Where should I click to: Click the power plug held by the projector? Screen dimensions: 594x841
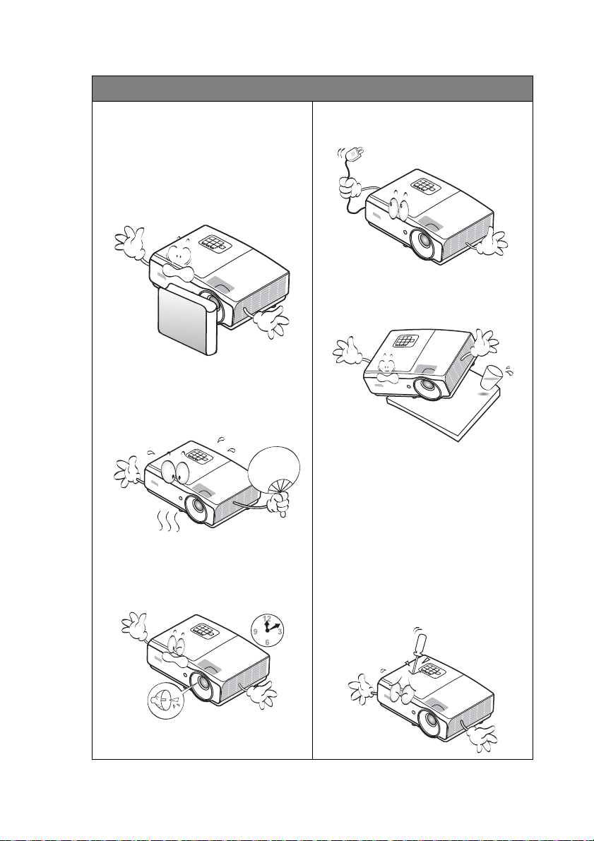coord(354,155)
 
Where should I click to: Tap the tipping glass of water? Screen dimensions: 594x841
coord(492,376)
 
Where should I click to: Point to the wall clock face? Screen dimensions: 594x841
coord(267,630)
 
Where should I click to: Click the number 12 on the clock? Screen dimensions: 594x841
coord(267,619)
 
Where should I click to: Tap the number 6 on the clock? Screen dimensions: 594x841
coord(267,642)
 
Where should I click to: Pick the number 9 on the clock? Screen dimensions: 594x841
coord(256,631)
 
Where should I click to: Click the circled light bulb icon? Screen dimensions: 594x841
coord(165,702)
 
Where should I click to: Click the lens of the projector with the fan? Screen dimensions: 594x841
coord(196,508)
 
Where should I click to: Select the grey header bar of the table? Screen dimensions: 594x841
coord(312,88)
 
